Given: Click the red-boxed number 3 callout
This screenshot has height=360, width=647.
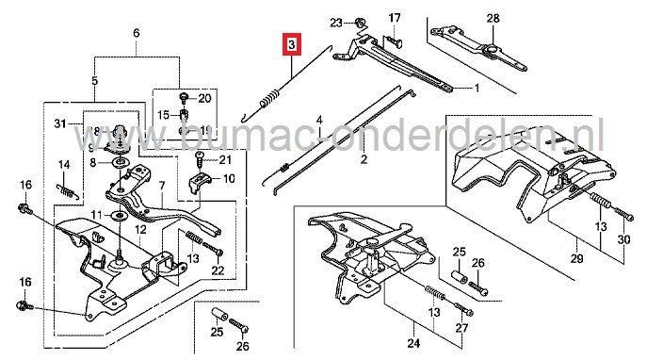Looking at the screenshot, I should [x=292, y=44].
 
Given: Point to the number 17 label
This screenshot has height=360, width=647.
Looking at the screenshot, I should [x=395, y=17].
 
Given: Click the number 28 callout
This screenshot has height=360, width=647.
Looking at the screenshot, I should [x=492, y=17].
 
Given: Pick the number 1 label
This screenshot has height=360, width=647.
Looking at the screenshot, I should [x=477, y=90].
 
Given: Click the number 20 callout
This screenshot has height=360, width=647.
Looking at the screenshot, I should [x=206, y=98].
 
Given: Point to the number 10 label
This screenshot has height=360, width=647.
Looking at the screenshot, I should [x=229, y=178].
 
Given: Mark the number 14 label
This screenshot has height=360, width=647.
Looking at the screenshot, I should [x=64, y=166].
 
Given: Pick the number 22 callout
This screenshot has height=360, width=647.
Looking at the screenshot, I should [x=218, y=271].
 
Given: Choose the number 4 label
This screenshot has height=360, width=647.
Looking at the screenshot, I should [x=319, y=121].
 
